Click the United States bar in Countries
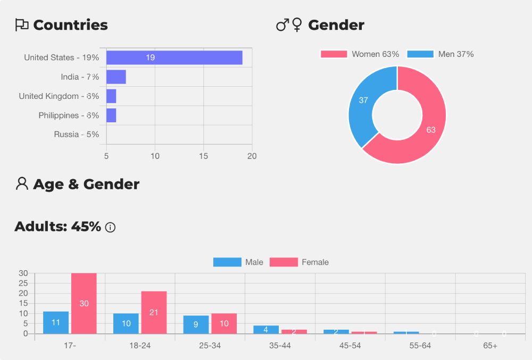[x=174, y=57]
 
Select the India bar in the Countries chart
[x=116, y=77]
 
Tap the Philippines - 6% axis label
[x=69, y=115]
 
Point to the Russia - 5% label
[x=76, y=135]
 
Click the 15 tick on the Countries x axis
[x=203, y=156]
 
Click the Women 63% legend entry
[x=360, y=54]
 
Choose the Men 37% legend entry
[x=440, y=54]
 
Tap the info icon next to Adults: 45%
[x=110, y=228]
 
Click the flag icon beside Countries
[x=22, y=25]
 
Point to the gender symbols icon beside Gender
[x=289, y=25]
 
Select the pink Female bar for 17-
[x=84, y=303]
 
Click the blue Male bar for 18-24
[x=126, y=323]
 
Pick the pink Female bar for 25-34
[x=224, y=323]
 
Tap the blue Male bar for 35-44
[x=266, y=329]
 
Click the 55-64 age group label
[x=420, y=346]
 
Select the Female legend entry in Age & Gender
[x=300, y=262]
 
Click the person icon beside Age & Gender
[x=22, y=184]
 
